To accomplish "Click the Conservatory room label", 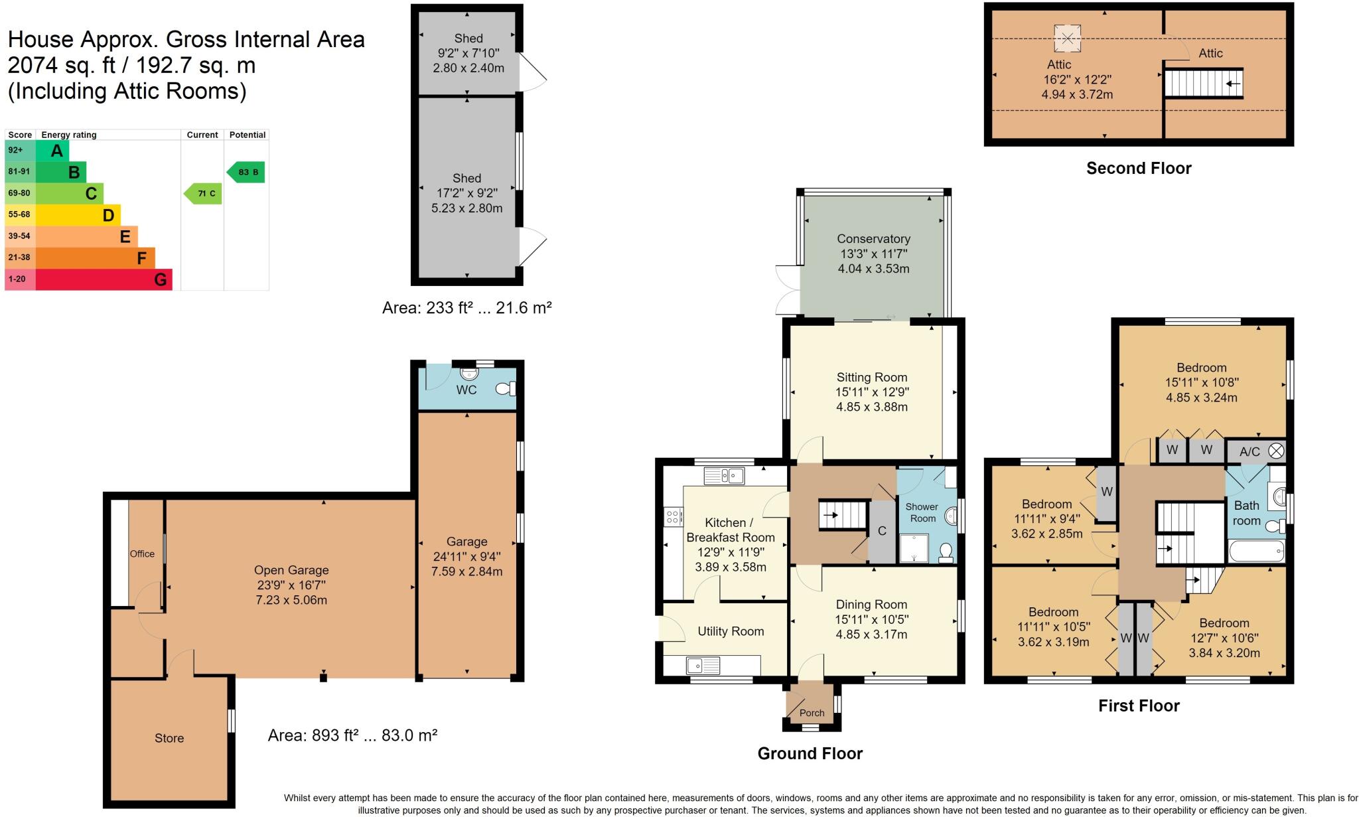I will point(873,239).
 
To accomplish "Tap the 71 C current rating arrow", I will point(203,194).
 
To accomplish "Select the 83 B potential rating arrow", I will point(247,172).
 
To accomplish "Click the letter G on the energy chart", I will point(160,279).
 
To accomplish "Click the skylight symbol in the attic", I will point(1067,38).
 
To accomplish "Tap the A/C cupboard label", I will point(1250,452).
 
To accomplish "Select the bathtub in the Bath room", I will point(1256,551).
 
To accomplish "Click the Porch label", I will point(812,713).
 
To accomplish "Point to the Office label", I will point(142,554).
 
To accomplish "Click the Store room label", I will point(169,738).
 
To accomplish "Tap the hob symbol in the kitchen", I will point(674,516).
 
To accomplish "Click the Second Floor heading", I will point(1139,169).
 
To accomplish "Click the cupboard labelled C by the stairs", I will point(882,531).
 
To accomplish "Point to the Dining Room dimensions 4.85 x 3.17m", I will point(871,634).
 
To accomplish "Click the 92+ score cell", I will point(15,150).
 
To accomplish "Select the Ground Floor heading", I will point(810,753).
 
